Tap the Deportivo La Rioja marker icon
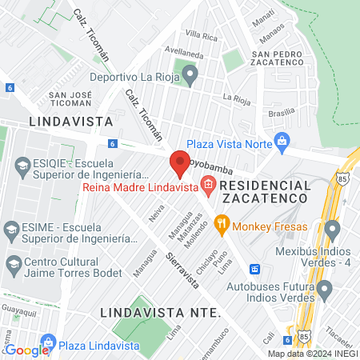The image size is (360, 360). click(190, 77)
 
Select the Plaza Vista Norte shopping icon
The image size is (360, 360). click(281, 142)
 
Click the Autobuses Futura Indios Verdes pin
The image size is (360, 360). click(323, 288)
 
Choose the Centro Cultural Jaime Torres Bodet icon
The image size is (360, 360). click(13, 264)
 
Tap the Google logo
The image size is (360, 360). click(26, 350)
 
